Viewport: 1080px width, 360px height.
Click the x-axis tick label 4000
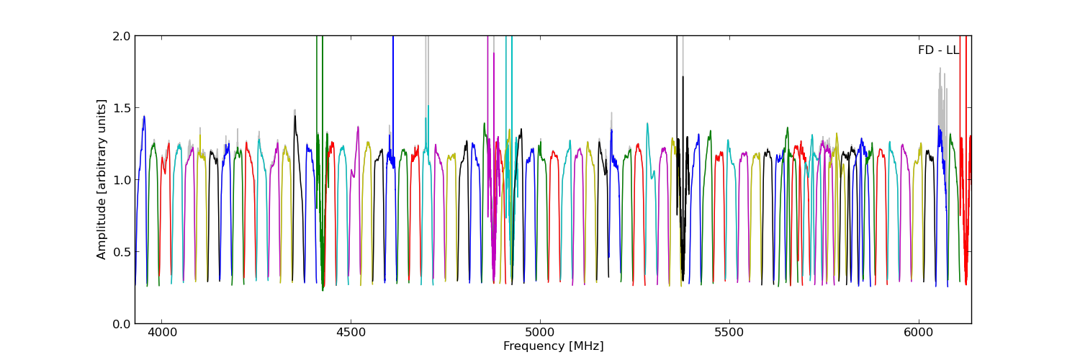[x=161, y=334]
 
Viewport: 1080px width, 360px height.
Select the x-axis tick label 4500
[x=351, y=334]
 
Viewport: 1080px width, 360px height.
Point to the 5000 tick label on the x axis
[x=540, y=334]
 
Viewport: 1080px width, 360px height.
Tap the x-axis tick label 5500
[x=729, y=334]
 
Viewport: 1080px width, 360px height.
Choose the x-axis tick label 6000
[x=919, y=334]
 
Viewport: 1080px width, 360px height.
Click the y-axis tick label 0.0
[x=122, y=324]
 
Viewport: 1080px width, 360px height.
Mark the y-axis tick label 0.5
[x=122, y=252]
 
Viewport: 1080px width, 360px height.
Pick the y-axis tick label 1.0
[x=122, y=180]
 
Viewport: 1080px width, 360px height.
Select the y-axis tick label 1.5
[x=122, y=108]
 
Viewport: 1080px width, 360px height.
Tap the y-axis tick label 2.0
[x=122, y=36]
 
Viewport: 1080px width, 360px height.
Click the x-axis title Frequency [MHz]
[x=553, y=346]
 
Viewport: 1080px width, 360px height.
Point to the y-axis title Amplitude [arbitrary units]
[x=102, y=179]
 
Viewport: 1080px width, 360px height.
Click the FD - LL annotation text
[x=938, y=50]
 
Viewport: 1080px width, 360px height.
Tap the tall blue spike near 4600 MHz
[x=393, y=86]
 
